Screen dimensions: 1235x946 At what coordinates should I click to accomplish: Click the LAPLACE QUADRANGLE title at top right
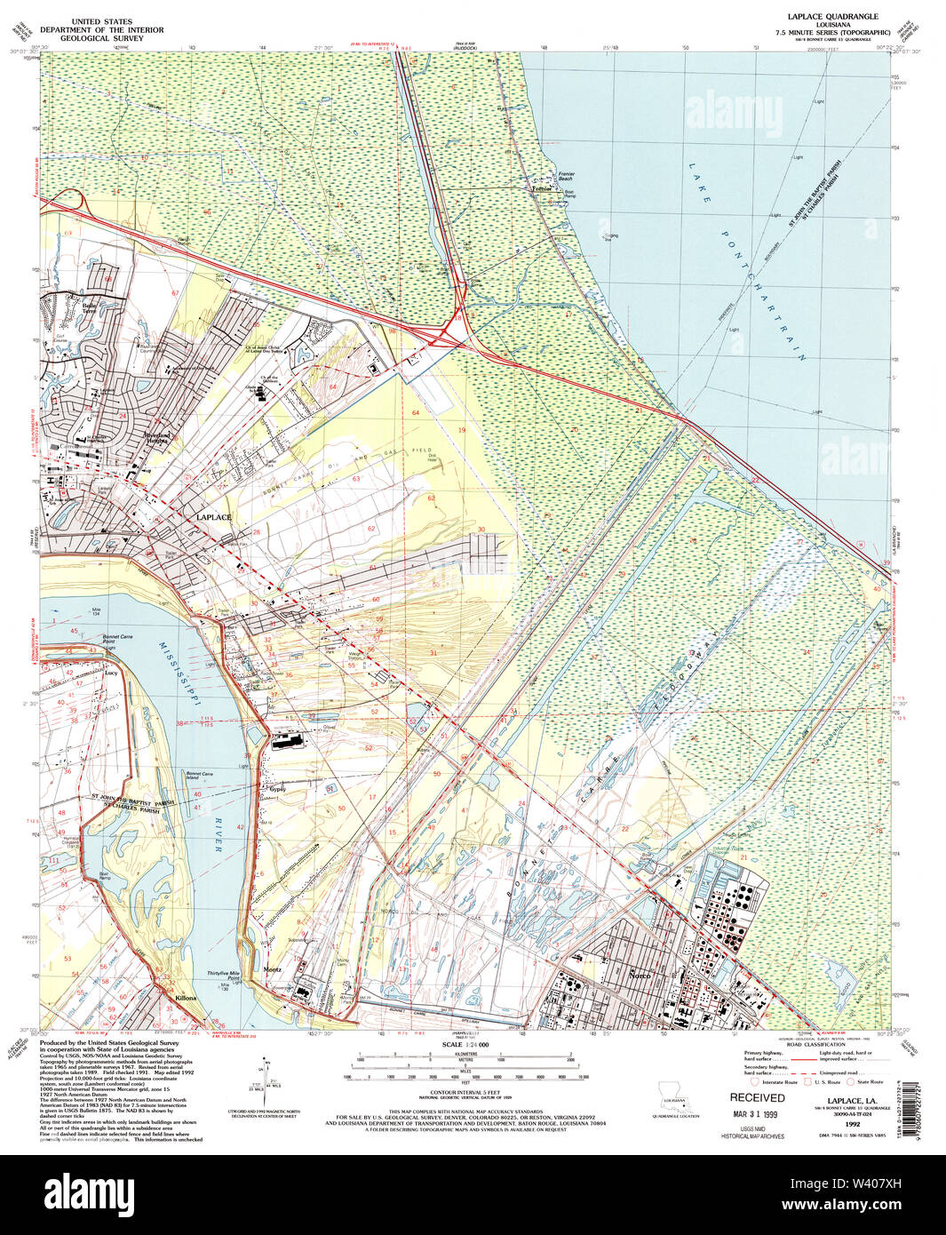820,17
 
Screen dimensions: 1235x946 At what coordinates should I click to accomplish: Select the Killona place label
186,999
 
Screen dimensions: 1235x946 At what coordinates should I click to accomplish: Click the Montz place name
272,969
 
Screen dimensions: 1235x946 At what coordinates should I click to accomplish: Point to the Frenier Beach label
566,177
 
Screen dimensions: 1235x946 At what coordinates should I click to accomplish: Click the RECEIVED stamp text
757,1098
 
